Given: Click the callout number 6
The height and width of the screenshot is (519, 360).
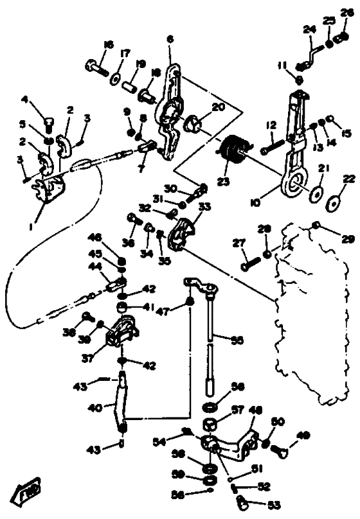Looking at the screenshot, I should pyautogui.click(x=170, y=39).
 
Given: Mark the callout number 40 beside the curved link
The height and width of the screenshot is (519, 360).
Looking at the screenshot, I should pyautogui.click(x=94, y=407).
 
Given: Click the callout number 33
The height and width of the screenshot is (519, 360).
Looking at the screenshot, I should pyautogui.click(x=205, y=207).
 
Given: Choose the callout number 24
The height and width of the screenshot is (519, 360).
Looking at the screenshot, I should pyautogui.click(x=310, y=29).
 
